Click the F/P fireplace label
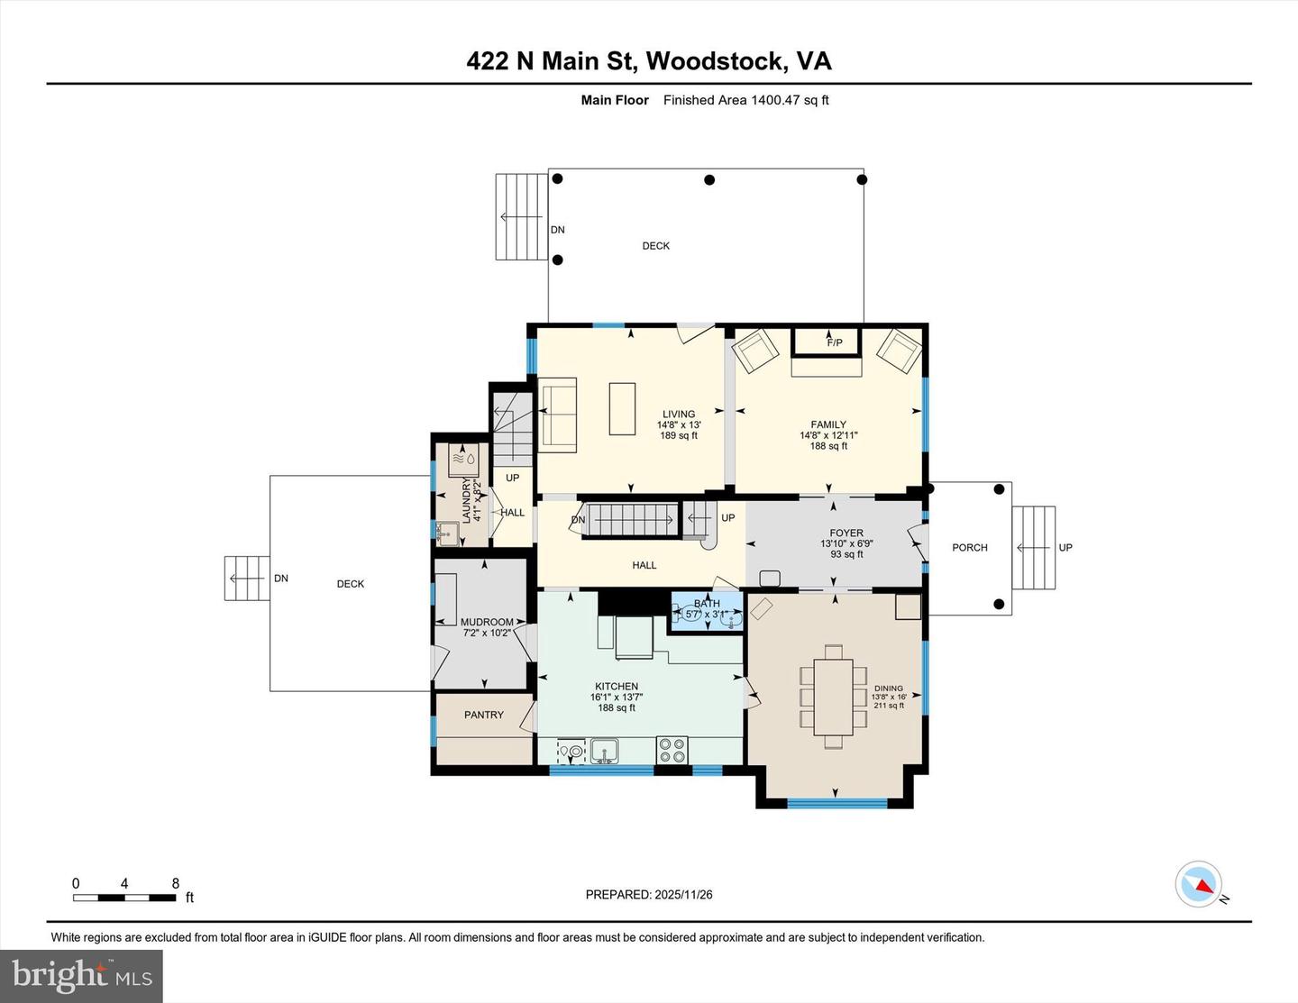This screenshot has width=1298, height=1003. (x=834, y=342)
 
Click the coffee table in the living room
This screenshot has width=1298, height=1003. (x=622, y=409)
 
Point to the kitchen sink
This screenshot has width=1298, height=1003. (x=604, y=749)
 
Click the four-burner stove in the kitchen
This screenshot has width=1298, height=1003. (x=672, y=749)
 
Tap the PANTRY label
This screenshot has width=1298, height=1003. (x=484, y=715)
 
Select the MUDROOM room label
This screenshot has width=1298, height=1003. (x=486, y=622)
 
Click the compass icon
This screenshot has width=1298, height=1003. (x=1199, y=884)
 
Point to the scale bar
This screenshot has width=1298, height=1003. (x=124, y=898)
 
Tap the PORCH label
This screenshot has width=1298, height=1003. (x=970, y=548)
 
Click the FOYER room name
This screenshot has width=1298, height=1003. (x=846, y=533)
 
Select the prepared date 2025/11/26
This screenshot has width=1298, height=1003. (x=682, y=895)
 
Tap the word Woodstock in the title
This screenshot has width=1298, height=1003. (x=715, y=60)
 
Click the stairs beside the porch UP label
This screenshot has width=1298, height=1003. (x=1033, y=548)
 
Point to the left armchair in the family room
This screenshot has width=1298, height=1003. (x=755, y=350)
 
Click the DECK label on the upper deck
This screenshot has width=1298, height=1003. (x=655, y=246)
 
